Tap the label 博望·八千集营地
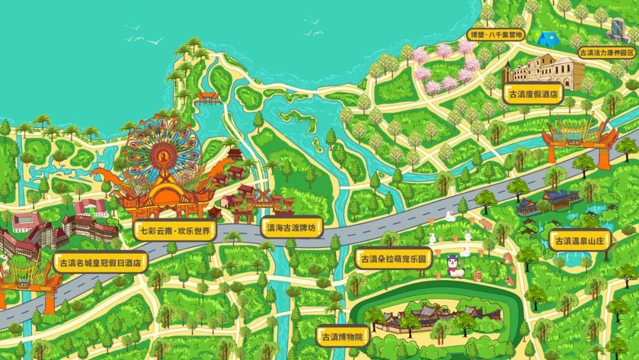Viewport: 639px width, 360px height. (x=496, y=35)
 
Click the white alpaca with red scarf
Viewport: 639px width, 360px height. (x=455, y=265)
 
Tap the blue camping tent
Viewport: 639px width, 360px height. (x=546, y=38)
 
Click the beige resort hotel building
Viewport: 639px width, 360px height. (x=547, y=71)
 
